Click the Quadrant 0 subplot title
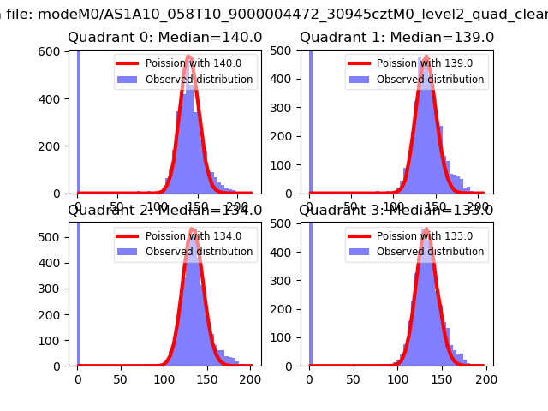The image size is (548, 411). (x=165, y=38)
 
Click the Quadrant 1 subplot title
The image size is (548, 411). (x=396, y=38)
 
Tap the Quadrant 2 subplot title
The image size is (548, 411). (x=165, y=211)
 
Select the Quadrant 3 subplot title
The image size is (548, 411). (x=396, y=211)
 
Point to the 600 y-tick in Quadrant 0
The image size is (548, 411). (x=53, y=51)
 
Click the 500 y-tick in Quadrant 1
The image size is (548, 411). (x=284, y=51)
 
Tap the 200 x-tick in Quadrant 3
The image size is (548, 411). (x=485, y=377)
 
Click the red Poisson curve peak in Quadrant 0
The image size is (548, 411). (x=188, y=57)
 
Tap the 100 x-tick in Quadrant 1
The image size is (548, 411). (x=393, y=205)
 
